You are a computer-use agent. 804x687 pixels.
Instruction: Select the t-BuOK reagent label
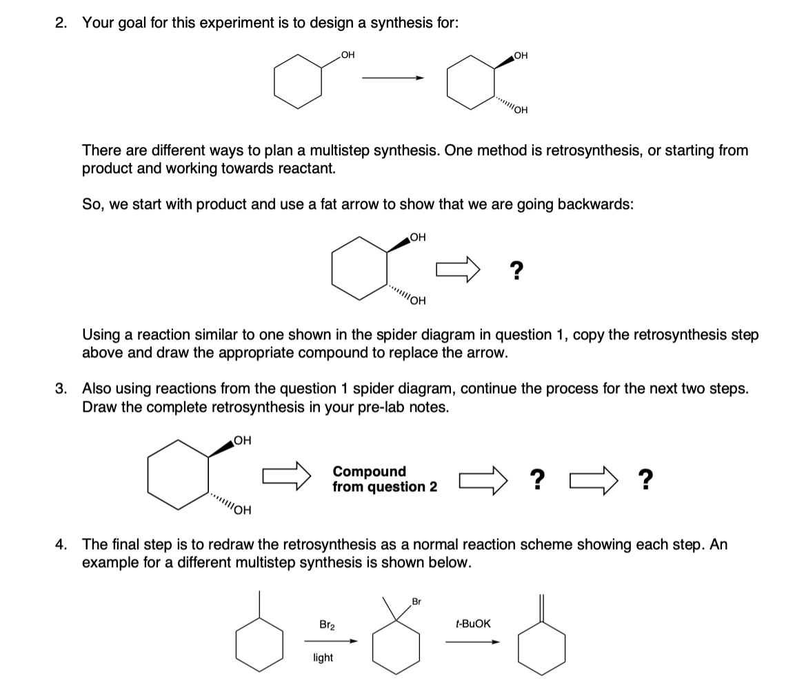(474, 624)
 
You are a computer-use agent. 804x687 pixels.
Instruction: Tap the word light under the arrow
(323, 657)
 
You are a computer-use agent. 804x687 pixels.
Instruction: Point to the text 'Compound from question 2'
(385, 479)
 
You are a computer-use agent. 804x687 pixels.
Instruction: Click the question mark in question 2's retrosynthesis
(515, 270)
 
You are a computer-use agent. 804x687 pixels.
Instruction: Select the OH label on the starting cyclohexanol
(348, 55)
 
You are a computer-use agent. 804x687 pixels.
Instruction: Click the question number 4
(61, 544)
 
